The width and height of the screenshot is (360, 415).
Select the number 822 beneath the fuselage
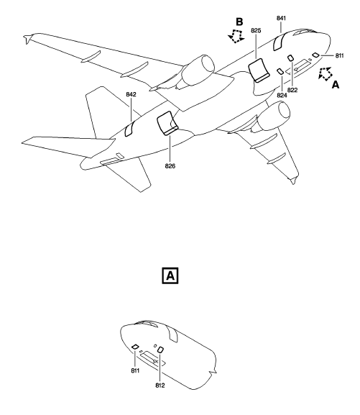point(293,90)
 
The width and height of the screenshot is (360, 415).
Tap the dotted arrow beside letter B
point(234,37)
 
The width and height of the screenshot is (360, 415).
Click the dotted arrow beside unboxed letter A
point(324,73)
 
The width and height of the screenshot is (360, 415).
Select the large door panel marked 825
point(259,70)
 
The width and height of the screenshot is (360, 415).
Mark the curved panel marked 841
point(277,42)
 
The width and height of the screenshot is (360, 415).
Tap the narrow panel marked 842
point(129,130)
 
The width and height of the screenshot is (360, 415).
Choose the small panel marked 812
point(160,350)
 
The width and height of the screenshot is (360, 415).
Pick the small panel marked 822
point(291,58)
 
